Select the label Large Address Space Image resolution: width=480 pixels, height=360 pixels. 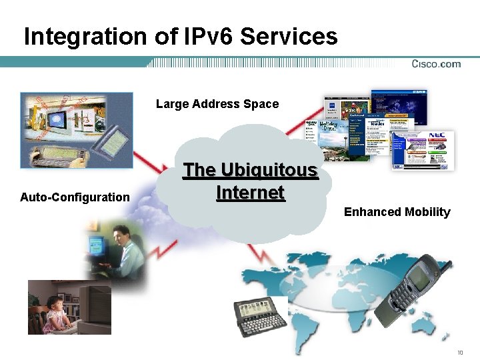[217, 103]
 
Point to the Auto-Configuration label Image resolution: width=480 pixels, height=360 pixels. [75, 197]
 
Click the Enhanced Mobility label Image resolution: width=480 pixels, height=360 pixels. [397, 212]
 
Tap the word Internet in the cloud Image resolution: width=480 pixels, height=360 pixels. [250, 193]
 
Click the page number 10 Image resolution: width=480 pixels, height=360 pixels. [459, 352]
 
